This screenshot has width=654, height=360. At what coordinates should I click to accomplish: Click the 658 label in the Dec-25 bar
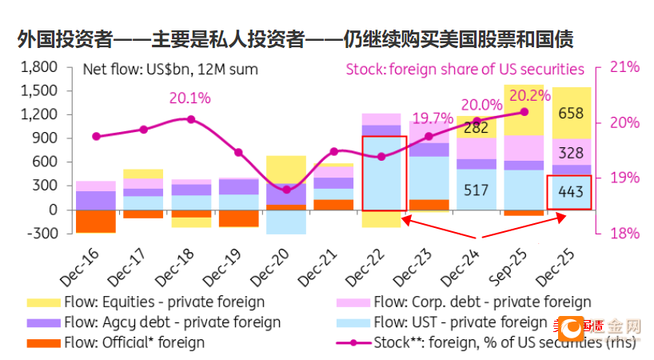571,113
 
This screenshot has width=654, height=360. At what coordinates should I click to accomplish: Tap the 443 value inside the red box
571,193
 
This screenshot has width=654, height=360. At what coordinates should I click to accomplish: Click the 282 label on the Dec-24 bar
476,127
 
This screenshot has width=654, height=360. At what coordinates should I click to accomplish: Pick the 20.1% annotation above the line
189,98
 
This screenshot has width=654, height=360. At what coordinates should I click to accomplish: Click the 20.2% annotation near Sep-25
524,95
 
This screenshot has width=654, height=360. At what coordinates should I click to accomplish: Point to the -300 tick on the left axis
40,234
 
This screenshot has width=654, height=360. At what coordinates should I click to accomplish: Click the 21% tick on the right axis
624,67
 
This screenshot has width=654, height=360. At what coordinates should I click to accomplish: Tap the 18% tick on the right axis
624,234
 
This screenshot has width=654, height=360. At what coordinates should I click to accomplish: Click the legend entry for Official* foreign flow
133,342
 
